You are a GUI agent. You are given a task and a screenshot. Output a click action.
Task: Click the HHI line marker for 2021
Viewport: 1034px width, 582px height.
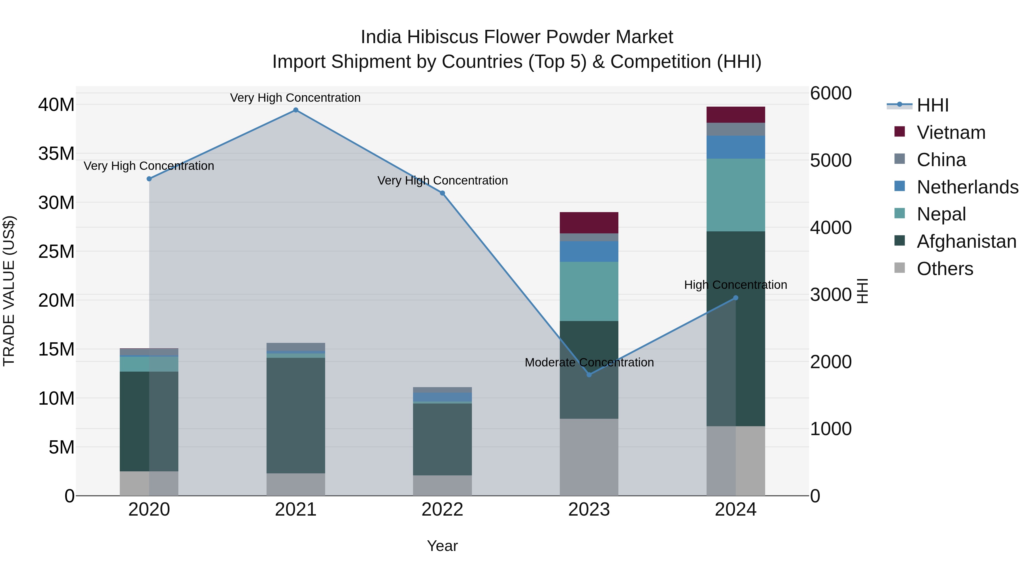coord(296,110)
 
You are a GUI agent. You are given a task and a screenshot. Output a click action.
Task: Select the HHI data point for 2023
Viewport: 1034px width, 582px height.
coord(589,375)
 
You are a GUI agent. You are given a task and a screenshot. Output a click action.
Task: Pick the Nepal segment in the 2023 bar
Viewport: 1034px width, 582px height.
coord(589,291)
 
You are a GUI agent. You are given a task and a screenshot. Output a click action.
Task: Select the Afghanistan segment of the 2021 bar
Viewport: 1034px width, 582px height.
coord(296,415)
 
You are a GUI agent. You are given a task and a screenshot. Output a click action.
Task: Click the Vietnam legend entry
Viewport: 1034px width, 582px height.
coord(950,132)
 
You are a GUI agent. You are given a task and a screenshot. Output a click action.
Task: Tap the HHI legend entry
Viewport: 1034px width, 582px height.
coord(932,105)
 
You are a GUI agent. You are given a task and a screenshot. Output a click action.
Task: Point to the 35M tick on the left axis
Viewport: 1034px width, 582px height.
coord(56,154)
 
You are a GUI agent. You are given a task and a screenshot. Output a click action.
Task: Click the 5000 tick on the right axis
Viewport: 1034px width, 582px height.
coord(830,160)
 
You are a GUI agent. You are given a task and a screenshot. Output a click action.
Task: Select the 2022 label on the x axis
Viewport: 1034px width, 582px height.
coord(442,510)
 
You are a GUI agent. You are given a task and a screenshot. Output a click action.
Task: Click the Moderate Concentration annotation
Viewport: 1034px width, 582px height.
coord(589,362)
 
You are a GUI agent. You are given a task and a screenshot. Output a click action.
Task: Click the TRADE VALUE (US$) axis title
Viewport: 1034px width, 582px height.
coord(9,291)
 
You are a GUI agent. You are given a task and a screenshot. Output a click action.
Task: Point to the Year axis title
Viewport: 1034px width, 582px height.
coord(442,546)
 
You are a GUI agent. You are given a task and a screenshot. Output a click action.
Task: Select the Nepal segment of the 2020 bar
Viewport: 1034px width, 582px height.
coord(149,364)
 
